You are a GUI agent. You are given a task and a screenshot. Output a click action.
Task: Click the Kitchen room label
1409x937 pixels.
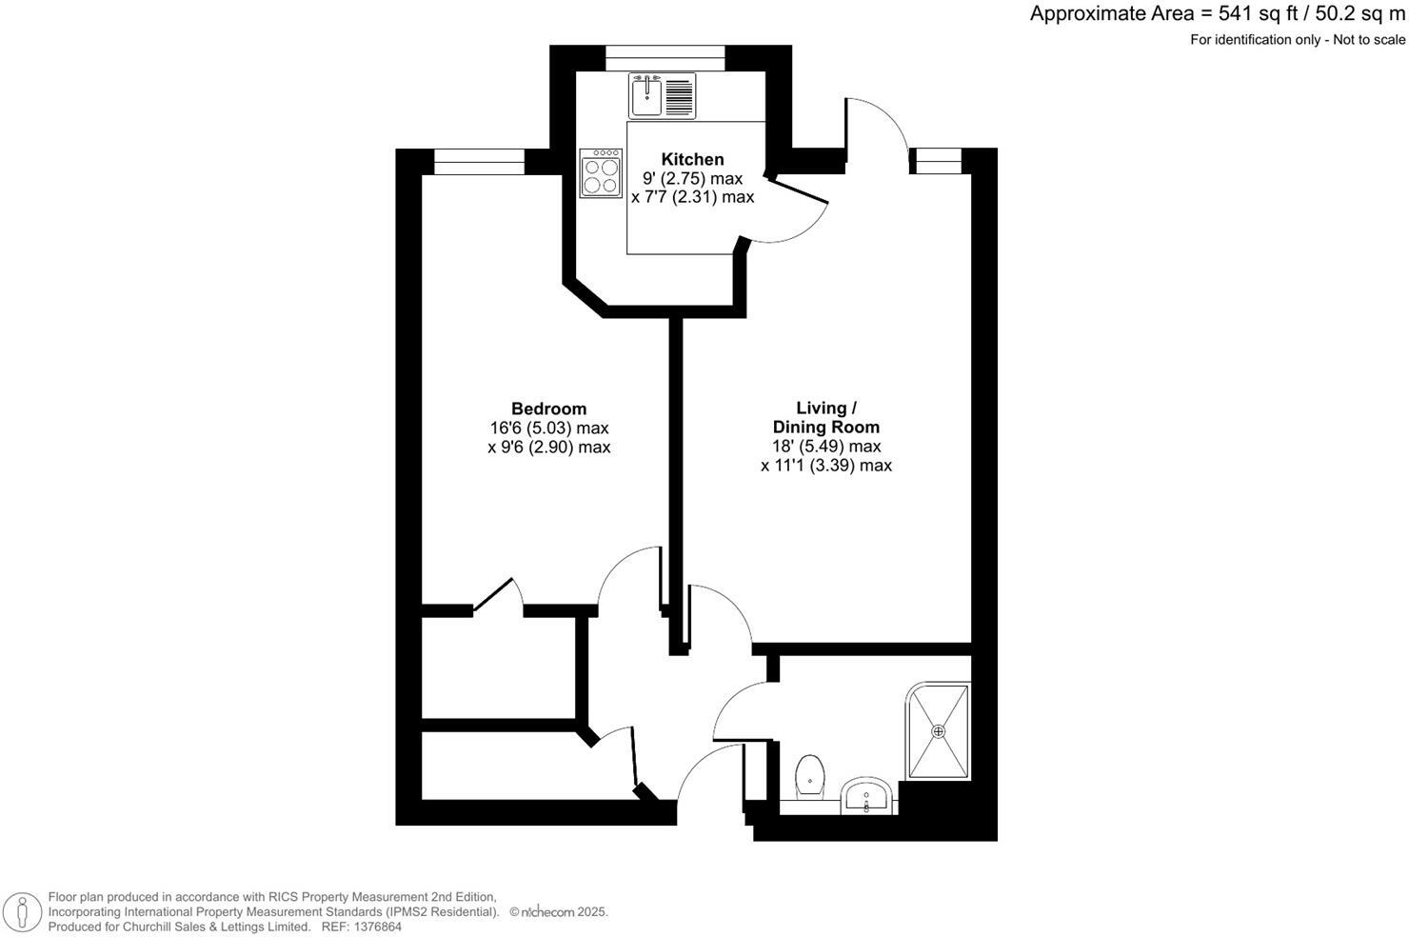coord(693,159)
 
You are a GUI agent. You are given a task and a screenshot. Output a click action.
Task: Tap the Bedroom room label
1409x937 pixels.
coord(548,409)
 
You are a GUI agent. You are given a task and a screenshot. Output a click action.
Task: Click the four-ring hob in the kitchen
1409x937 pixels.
coord(602,172)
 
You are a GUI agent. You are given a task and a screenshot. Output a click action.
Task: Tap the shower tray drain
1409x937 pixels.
coord(939,731)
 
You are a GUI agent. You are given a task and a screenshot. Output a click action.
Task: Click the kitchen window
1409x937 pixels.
coord(665,57)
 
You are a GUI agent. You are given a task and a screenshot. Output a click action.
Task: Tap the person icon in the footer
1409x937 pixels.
coord(21,912)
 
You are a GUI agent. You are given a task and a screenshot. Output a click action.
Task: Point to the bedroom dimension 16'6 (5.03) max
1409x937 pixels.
coord(548,428)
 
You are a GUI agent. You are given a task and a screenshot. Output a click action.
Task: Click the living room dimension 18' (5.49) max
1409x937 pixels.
coord(826,446)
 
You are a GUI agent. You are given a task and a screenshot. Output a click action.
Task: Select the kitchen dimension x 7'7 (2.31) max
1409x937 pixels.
coord(693,197)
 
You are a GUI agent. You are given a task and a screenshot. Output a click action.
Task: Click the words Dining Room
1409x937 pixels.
coord(826,427)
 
